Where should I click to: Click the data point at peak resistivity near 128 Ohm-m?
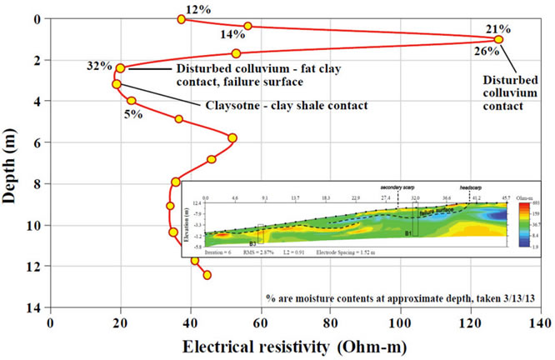click(498, 39)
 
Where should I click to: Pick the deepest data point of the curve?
click(207, 275)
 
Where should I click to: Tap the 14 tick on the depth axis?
click(33, 307)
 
